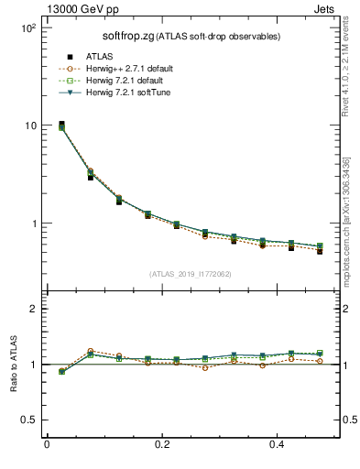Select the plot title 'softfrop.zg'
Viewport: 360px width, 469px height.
131,36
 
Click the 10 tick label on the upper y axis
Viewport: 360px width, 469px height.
29,125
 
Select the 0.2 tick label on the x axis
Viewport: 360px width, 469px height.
163,444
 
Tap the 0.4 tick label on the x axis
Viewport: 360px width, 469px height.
279,444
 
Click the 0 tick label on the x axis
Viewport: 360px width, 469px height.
47,444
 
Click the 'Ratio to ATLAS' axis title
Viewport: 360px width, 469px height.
13,365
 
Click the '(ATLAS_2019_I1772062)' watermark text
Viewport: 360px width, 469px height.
189,273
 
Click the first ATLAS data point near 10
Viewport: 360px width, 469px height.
61,124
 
